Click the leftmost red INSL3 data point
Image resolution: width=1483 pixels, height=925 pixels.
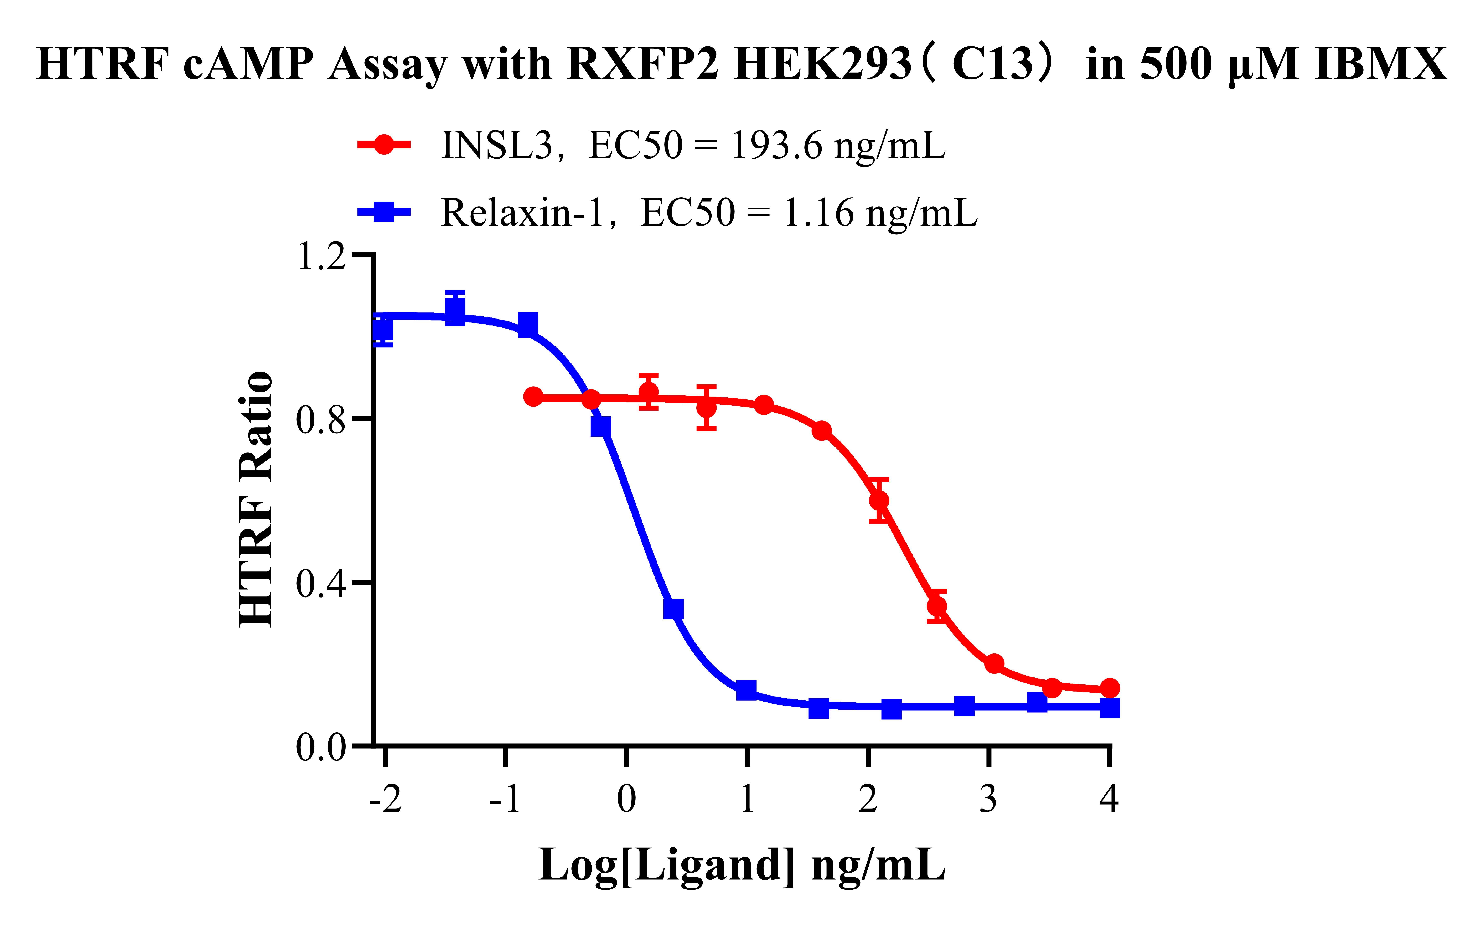[x=533, y=397]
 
